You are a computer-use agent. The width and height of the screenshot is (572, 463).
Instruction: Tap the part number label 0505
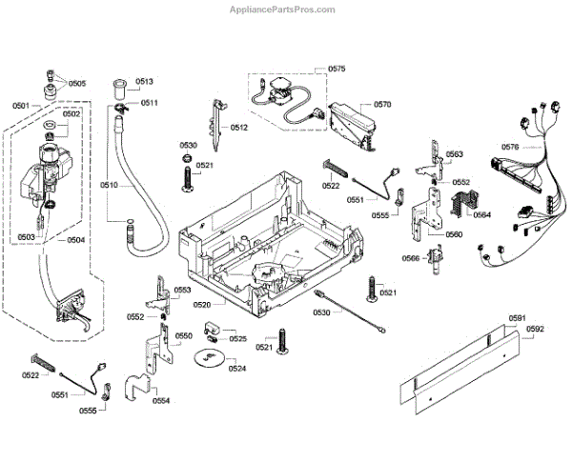pyautogui.click(x=76, y=84)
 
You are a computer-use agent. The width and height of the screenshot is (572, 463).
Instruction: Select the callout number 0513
pyautogui.click(x=144, y=82)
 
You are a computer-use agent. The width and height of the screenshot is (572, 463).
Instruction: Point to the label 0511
pyautogui.click(x=150, y=103)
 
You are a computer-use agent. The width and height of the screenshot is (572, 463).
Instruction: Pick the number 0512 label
pyautogui.click(x=238, y=127)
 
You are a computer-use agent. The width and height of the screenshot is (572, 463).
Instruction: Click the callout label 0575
pyautogui.click(x=337, y=70)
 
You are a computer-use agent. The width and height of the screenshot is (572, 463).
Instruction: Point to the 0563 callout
pyautogui.click(x=454, y=153)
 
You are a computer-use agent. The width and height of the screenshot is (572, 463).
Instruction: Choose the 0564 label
pyautogui.click(x=481, y=214)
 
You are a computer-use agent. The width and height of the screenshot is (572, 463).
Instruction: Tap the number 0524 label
pyautogui.click(x=237, y=368)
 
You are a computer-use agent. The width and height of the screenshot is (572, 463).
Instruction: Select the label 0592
pyautogui.click(x=535, y=330)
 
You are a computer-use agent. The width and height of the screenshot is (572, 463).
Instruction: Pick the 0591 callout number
pyautogui.click(x=517, y=318)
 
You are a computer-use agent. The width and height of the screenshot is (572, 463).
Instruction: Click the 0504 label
pyautogui.click(x=76, y=240)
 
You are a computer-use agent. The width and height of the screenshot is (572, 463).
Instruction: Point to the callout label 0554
pyautogui.click(x=161, y=401)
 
